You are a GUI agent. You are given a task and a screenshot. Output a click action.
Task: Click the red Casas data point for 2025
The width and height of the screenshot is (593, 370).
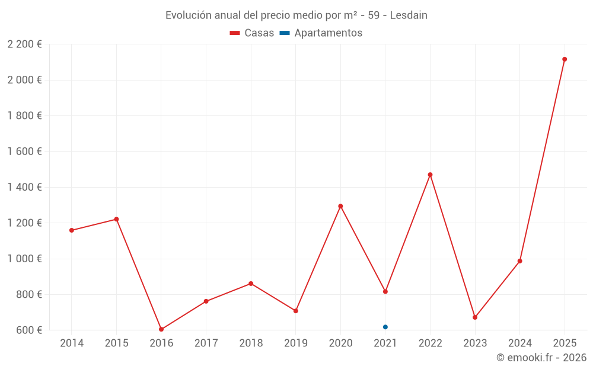tap(565, 59)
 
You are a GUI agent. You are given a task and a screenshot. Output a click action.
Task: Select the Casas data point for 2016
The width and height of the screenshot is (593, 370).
tap(161, 329)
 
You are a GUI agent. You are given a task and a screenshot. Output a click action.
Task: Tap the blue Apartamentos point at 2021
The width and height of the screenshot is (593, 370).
tap(385, 327)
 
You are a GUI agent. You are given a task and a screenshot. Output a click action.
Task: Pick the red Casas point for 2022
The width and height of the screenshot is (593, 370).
tap(430, 175)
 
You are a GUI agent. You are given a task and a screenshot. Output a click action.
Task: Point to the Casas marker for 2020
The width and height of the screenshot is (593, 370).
tap(340, 206)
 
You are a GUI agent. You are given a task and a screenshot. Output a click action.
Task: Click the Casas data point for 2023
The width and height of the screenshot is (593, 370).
tap(475, 317)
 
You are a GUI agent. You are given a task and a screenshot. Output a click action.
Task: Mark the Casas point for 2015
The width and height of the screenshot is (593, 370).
tap(116, 219)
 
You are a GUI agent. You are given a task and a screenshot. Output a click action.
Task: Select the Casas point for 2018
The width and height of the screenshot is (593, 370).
tap(251, 284)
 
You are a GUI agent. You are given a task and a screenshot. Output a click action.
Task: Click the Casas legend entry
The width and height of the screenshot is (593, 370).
tap(252, 33)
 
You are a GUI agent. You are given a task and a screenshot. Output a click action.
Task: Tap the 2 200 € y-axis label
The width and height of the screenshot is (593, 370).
tap(24, 44)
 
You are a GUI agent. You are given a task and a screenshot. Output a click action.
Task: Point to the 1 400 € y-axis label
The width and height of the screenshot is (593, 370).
tap(24, 187)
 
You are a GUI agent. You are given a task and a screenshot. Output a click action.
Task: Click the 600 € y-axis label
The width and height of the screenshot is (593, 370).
tap(28, 330)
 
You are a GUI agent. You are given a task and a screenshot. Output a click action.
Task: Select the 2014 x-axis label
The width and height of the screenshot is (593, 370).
tap(72, 343)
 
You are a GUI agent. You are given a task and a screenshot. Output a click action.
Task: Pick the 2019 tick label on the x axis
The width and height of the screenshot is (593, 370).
tap(296, 343)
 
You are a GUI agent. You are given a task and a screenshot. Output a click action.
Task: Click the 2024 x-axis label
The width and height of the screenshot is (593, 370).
tap(519, 343)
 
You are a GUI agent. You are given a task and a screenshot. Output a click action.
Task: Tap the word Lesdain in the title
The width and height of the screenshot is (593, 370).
tap(409, 15)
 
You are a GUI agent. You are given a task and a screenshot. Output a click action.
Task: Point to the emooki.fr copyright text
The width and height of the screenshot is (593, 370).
tap(541, 358)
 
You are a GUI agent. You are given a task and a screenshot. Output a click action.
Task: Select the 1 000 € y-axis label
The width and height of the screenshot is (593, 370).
tap(24, 259)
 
